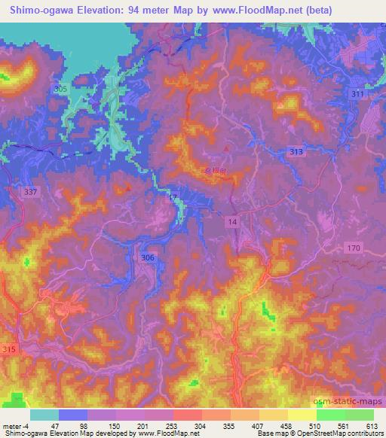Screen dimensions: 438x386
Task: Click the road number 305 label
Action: tap(61, 89)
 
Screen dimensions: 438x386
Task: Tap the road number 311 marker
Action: tap(357, 94)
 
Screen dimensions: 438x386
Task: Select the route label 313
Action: tap(296, 152)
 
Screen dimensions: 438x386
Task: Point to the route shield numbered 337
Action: tap(29, 192)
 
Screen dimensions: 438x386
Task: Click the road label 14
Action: tap(232, 221)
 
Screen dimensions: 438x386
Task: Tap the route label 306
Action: tap(147, 257)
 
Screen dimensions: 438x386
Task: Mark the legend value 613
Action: tap(372, 425)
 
